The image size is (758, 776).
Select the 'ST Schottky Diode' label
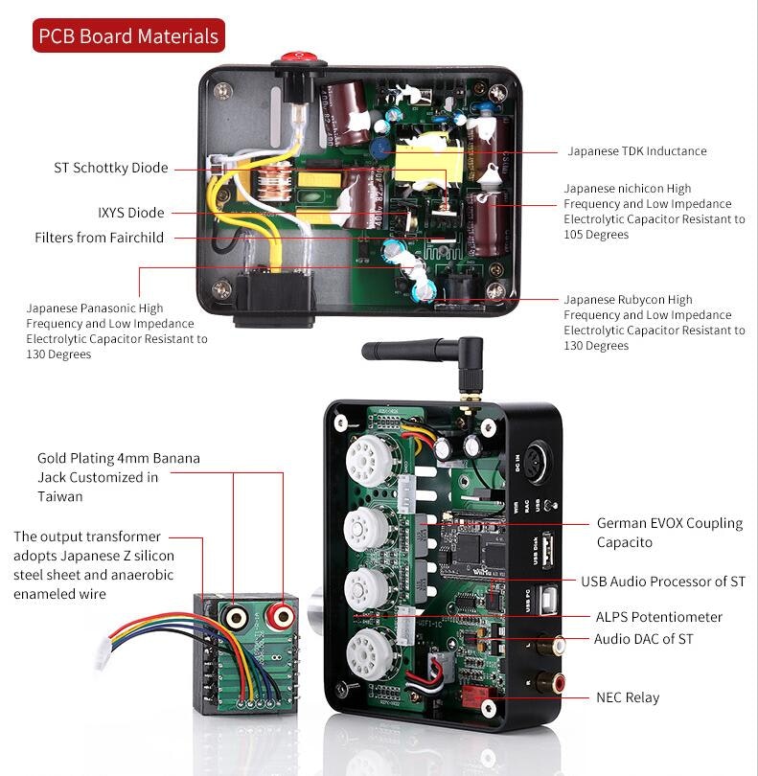[x=110, y=168]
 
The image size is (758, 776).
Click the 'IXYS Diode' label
[x=130, y=213]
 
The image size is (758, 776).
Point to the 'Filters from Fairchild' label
[x=99, y=238]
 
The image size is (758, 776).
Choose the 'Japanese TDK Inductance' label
[x=636, y=151]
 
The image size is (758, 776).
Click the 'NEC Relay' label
[x=628, y=697]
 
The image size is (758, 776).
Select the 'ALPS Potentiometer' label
[x=658, y=617]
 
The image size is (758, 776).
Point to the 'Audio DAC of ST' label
[x=643, y=639]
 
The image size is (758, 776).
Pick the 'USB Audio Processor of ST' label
[x=662, y=582]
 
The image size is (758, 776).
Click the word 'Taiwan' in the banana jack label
[x=59, y=496]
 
